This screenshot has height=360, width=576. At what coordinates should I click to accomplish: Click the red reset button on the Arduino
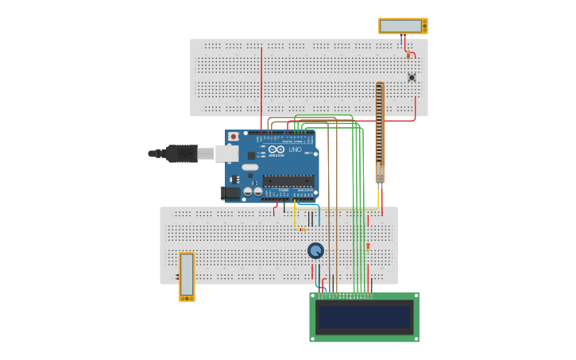point(233,137)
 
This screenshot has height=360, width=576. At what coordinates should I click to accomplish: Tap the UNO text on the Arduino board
point(295,149)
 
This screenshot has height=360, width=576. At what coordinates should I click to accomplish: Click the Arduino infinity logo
point(276,149)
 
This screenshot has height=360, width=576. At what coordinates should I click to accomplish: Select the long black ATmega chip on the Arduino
point(288,180)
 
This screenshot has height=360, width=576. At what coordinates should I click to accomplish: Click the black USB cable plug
point(182,153)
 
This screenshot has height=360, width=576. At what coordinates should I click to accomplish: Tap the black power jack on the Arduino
point(231,192)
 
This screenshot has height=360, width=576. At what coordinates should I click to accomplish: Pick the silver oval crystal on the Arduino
point(250,167)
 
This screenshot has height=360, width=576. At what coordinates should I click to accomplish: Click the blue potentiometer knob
point(315,251)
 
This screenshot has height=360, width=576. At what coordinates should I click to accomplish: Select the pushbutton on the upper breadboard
point(412,77)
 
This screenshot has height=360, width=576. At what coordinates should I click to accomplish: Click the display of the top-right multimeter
point(400,26)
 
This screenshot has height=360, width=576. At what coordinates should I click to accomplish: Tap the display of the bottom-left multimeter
point(187,275)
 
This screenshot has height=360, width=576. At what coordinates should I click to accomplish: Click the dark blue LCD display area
point(364,317)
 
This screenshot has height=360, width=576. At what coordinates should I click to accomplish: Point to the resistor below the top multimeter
point(408,55)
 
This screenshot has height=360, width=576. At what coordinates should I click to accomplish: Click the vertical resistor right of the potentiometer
point(368,247)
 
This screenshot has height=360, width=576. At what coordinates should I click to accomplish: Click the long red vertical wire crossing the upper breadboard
point(261,87)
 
